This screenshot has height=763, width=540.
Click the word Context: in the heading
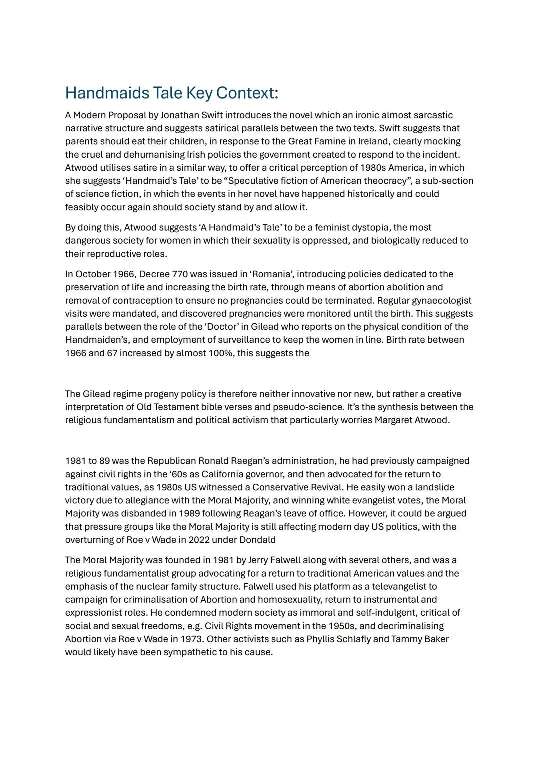[x=247, y=93]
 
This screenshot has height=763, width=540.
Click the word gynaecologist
[x=440, y=301]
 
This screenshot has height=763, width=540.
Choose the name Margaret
[x=393, y=420]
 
